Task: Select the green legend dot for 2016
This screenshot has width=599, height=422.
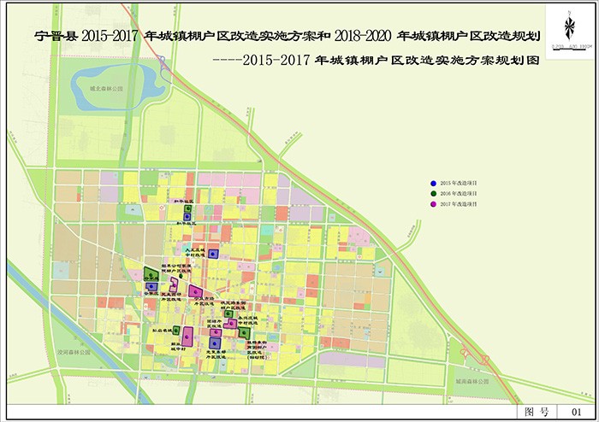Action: (x=434, y=194)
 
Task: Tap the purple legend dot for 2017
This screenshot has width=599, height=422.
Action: (x=434, y=205)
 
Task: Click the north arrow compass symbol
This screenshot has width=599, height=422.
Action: (x=568, y=23)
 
